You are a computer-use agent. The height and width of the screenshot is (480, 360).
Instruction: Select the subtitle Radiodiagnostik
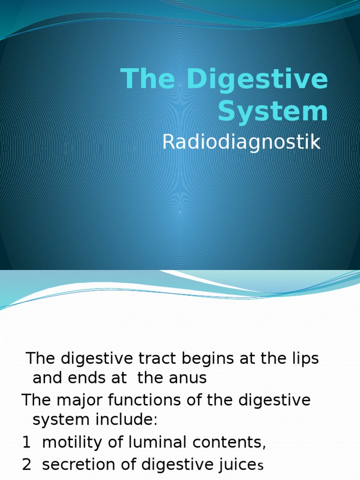click(x=241, y=142)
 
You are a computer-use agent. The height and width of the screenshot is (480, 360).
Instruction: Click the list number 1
click(x=26, y=442)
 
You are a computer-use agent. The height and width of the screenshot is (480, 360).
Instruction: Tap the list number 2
click(x=27, y=465)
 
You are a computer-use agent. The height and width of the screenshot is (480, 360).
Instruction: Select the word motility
click(x=71, y=442)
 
